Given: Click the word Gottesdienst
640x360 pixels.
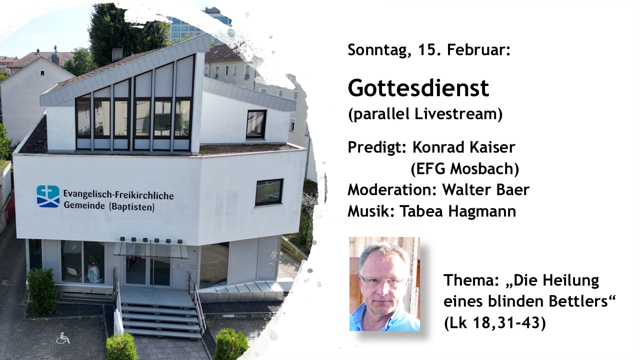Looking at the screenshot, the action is (418, 88).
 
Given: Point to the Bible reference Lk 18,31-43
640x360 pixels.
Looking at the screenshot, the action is (495, 323).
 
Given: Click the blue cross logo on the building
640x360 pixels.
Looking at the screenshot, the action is (48, 196).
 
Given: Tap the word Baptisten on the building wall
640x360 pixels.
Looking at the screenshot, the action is (132, 207).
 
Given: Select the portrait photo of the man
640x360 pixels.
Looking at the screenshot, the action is (384, 283).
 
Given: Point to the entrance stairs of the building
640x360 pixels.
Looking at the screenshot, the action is (161, 317).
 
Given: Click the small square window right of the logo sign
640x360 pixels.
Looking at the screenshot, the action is (269, 192).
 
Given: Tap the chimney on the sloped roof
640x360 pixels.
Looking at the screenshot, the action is (117, 54).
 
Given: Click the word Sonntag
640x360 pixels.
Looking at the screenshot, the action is (379, 50).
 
